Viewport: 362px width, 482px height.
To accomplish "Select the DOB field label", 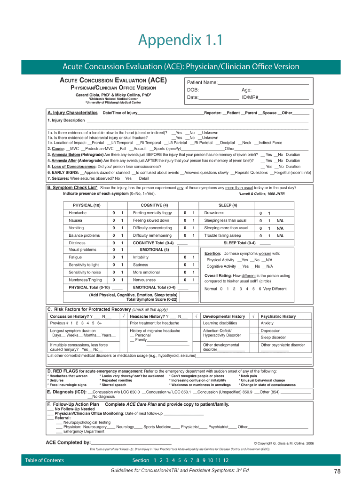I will [x=193, y=90].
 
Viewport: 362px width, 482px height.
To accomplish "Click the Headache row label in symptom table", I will [x=78, y=213].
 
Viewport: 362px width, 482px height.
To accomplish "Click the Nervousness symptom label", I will [x=144, y=280].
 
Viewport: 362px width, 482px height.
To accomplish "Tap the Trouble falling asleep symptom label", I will [x=222, y=235].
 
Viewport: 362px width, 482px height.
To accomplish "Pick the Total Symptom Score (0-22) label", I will [x=152, y=299].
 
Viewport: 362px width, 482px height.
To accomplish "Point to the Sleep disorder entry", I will [x=273, y=337].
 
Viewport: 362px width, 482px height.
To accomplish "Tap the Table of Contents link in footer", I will [x=45, y=460].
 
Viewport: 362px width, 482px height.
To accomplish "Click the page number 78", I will [x=337, y=471].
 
